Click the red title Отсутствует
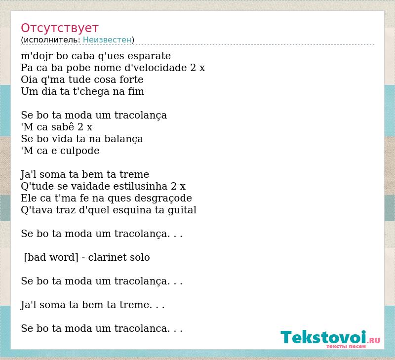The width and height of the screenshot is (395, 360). click(x=59, y=28)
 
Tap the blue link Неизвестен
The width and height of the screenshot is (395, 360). click(x=107, y=40)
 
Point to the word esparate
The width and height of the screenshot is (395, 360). click(x=149, y=56)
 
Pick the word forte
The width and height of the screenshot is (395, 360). click(x=131, y=80)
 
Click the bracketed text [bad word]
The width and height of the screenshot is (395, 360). click(x=51, y=257)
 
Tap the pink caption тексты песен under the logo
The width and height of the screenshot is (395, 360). click(x=346, y=346)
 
